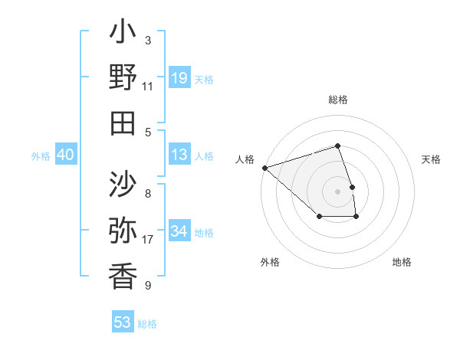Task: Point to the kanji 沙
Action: (x=123, y=185)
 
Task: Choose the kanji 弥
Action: (x=123, y=230)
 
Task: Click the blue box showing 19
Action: (x=179, y=77)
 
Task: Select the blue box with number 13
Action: (x=179, y=155)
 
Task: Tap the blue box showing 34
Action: (x=179, y=231)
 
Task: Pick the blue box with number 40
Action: (x=66, y=155)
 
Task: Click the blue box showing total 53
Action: (x=123, y=322)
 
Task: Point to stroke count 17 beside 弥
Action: (x=148, y=241)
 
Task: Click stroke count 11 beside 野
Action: (x=148, y=86)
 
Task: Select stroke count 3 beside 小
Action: (x=148, y=41)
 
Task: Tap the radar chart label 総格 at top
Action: (x=337, y=100)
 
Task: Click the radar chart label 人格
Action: (x=245, y=159)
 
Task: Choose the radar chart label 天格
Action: (x=431, y=159)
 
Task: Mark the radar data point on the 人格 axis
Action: (x=264, y=167)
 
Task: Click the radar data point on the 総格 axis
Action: (x=337, y=146)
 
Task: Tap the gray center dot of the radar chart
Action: (x=337, y=191)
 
